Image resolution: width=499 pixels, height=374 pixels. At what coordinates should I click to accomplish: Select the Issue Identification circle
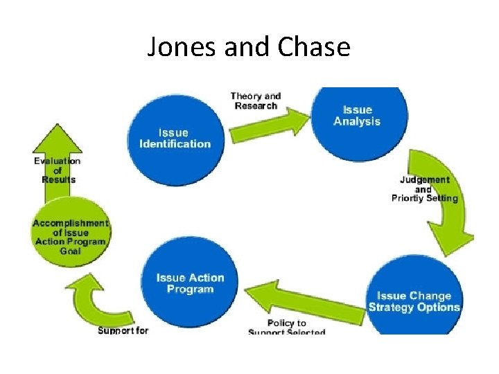175,139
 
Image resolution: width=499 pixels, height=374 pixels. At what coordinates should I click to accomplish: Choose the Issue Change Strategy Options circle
414,302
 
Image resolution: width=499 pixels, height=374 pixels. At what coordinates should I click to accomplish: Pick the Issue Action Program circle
190,283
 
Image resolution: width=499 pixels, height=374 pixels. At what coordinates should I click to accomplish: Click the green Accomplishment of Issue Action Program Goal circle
71,235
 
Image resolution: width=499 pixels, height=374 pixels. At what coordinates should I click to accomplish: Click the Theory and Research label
256,101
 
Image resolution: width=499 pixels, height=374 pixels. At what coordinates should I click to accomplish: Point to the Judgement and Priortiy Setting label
424,189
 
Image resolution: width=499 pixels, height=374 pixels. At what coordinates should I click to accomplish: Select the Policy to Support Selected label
286,328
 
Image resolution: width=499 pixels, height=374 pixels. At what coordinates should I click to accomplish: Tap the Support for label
123,330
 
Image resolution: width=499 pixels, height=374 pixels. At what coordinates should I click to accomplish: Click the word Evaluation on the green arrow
58,161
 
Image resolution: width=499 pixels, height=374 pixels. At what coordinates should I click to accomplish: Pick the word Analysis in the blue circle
357,122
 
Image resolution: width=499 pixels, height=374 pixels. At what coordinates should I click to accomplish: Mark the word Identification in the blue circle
175,144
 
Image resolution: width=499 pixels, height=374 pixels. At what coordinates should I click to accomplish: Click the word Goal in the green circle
70,251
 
